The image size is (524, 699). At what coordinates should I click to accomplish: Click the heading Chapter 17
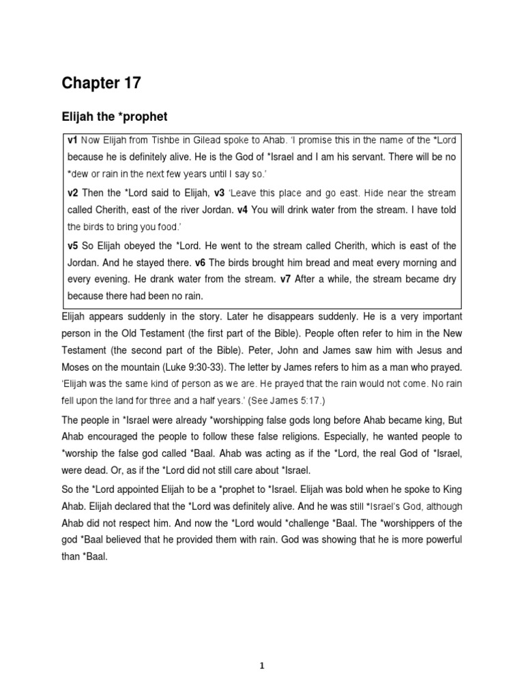tap(102, 83)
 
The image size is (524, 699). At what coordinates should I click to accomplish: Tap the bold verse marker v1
tap(72, 140)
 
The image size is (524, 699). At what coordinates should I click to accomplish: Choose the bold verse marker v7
tap(287, 280)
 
